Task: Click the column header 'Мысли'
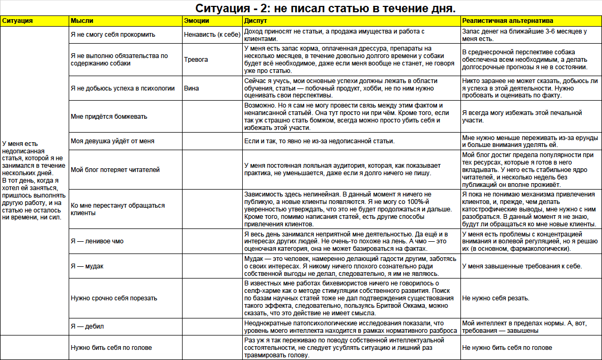point(82,21)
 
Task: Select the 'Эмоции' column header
point(196,21)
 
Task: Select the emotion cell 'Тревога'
point(196,60)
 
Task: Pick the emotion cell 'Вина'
point(193,88)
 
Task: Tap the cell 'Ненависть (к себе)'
point(211,35)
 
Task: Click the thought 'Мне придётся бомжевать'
point(109,117)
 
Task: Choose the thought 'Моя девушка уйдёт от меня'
point(112,141)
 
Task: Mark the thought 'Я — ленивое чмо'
point(97,241)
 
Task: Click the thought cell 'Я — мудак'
point(87,266)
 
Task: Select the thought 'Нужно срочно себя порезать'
point(114,298)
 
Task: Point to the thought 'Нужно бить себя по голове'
point(111,348)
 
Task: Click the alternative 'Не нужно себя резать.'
point(495,298)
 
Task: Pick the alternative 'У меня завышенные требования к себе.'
point(522,266)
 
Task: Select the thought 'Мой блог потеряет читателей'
point(115,170)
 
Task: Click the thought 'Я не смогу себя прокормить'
point(113,35)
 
